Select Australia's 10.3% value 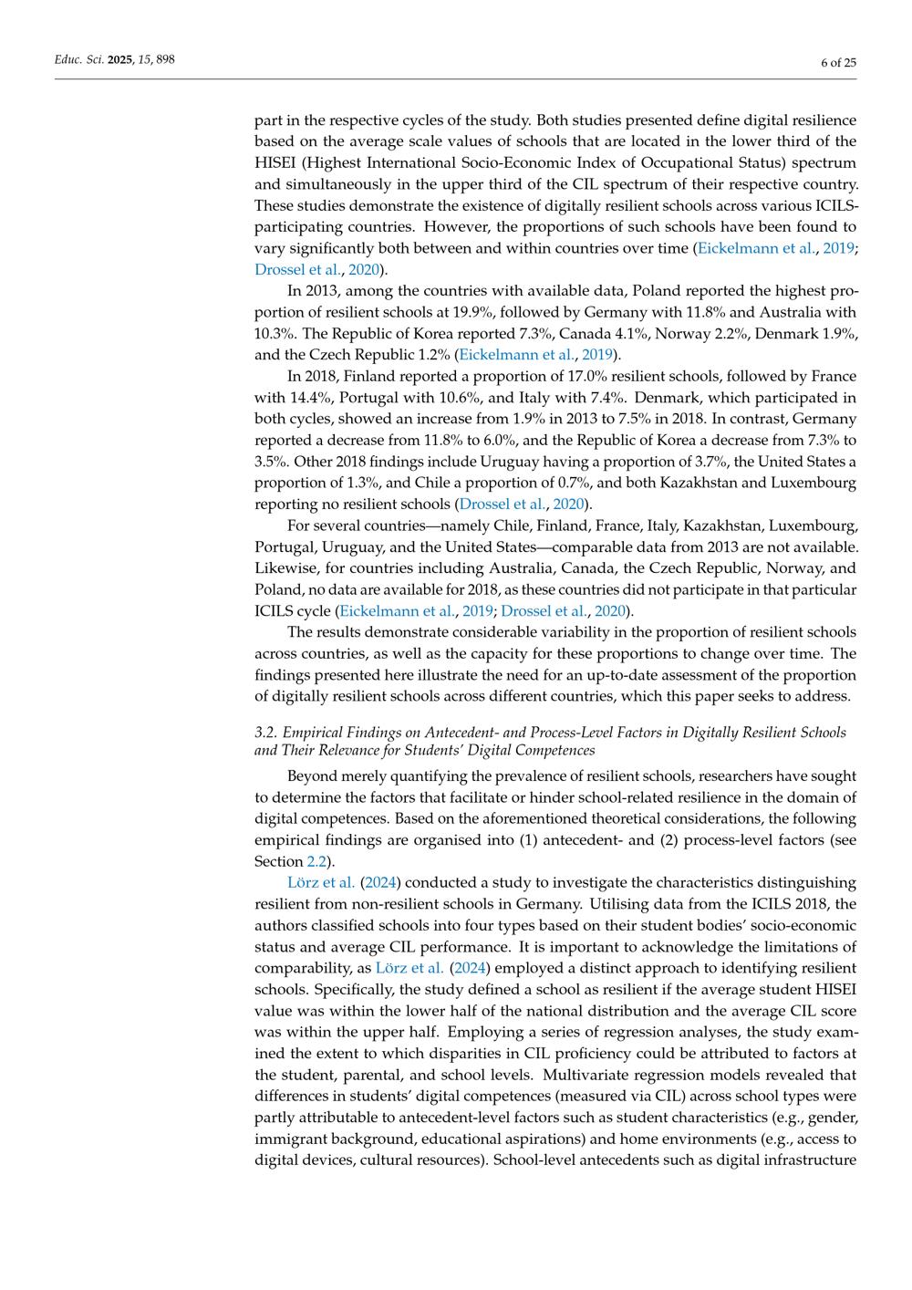tap(273, 334)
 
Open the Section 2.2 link tap(316, 861)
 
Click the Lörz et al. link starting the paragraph tap(320, 882)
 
